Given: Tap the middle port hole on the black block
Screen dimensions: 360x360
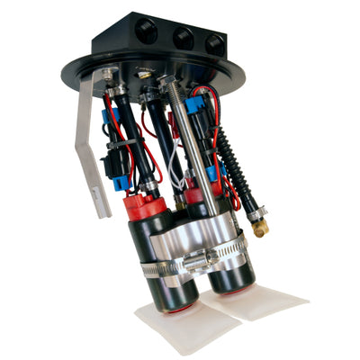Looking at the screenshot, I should point(184,39).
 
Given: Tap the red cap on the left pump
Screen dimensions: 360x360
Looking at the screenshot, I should point(148,208).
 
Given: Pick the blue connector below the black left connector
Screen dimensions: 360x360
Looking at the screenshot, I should point(121,184).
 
